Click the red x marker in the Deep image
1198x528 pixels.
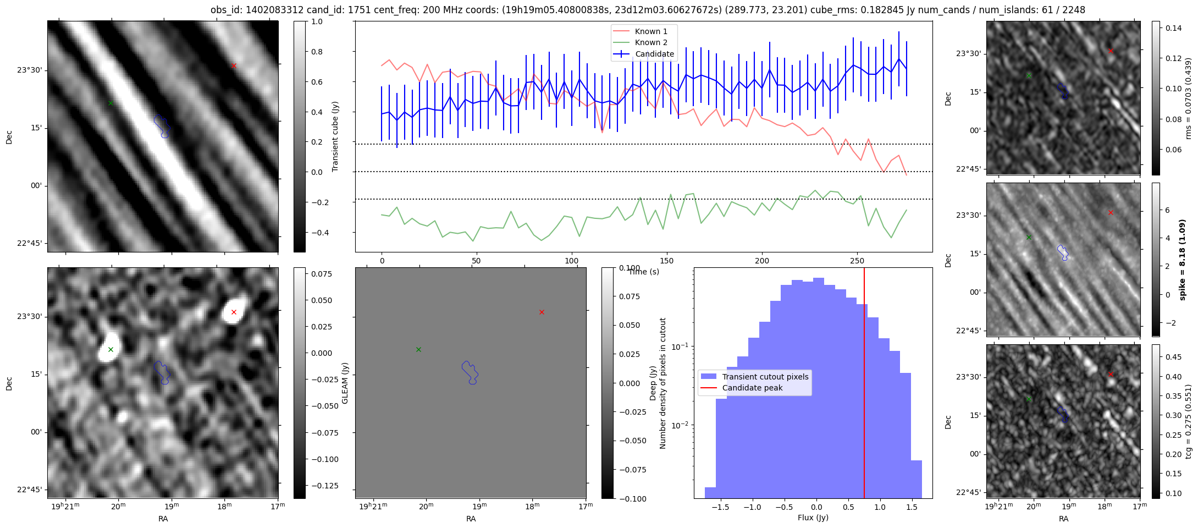234,312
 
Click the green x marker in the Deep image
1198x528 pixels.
111,349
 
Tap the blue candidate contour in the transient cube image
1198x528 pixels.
162,126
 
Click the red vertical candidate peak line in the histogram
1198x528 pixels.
864,383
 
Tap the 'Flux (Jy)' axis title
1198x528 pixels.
813,518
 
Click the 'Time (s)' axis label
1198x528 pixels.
644,272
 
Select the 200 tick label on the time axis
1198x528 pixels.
762,261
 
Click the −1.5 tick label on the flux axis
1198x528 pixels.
720,507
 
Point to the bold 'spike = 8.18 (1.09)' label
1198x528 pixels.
1183,259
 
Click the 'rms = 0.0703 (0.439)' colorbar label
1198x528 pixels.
1188,98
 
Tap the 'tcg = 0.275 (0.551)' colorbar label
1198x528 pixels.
1188,421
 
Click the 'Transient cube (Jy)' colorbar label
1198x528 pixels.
335,136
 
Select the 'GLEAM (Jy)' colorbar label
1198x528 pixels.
345,383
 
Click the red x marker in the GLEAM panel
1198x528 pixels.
542,312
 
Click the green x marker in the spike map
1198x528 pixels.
1029,237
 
